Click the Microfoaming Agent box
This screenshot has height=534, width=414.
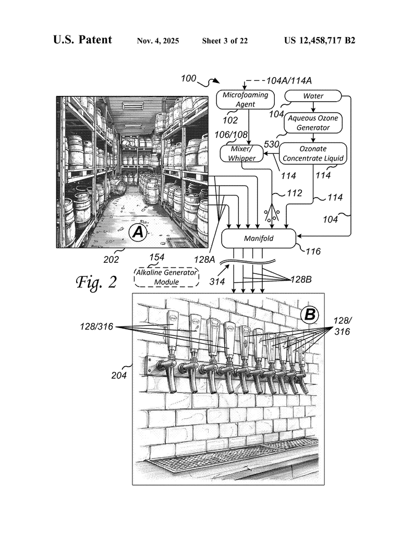[x=246, y=100]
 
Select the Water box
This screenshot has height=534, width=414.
[x=313, y=96]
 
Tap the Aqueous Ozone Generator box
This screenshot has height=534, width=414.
[x=313, y=123]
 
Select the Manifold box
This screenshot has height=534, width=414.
[x=259, y=239]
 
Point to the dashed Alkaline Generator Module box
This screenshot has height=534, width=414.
[x=167, y=277]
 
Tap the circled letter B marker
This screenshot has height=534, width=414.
[x=310, y=314]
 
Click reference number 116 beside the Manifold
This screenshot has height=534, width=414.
[x=313, y=251]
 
